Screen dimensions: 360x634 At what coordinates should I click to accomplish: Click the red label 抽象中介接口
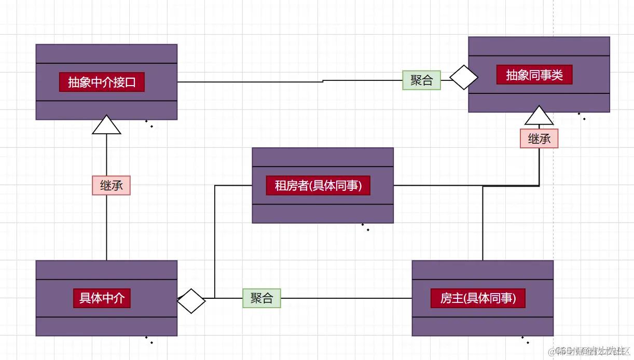coord(102,82)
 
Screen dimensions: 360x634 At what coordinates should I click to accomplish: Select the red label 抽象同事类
coord(534,75)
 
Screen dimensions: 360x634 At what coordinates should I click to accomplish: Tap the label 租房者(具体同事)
coord(318,185)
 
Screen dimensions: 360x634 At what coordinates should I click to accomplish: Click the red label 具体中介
coord(102,298)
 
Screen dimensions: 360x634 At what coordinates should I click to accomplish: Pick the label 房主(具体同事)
coord(478,298)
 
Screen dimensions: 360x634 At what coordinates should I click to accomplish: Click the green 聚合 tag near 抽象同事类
coord(421,80)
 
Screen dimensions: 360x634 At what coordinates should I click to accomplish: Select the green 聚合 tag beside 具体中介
coord(261,298)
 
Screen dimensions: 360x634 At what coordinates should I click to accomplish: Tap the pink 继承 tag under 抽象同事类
coord(539,139)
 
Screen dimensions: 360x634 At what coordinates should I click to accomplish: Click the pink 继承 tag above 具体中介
coord(111,186)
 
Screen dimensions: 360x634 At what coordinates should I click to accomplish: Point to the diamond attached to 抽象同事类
coord(463,78)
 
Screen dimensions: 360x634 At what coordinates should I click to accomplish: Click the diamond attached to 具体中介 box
coord(191,301)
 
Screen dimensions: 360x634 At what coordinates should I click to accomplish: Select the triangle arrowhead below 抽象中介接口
coord(106,125)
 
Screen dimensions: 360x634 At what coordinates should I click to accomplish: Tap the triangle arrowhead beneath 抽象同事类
coord(539,116)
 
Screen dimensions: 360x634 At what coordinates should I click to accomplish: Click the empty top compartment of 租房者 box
coord(322,157)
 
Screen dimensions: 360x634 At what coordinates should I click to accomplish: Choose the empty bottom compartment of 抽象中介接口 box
coord(106,110)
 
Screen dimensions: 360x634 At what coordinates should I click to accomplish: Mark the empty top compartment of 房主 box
coord(482,270)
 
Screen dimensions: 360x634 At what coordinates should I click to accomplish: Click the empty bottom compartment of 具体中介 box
coord(106,326)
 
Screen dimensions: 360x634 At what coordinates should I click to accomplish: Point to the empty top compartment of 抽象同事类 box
coord(539,46)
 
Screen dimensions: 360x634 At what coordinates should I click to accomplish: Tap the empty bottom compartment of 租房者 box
coord(322,214)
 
